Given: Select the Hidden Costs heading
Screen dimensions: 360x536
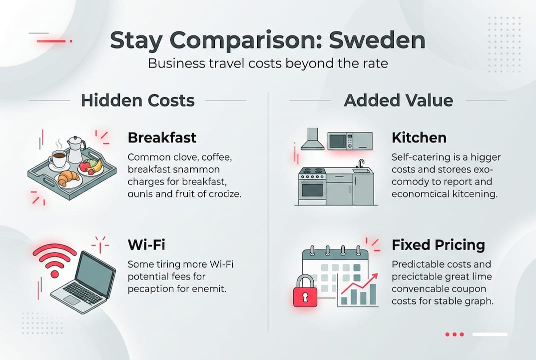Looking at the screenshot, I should [x=137, y=100].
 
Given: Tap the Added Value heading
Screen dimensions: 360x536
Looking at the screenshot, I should [x=398, y=100].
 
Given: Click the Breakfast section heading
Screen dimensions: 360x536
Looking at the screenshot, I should [x=161, y=137].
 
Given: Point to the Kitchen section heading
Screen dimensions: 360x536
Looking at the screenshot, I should [x=419, y=137].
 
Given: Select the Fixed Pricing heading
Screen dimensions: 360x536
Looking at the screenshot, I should [x=438, y=245].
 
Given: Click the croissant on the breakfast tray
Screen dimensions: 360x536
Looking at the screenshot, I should [x=68, y=177].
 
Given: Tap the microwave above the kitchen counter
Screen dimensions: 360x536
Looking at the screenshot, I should [x=350, y=140].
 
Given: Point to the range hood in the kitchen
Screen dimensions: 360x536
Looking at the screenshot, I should [x=312, y=137].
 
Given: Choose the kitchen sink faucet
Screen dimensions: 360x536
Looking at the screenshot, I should [x=361, y=164].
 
